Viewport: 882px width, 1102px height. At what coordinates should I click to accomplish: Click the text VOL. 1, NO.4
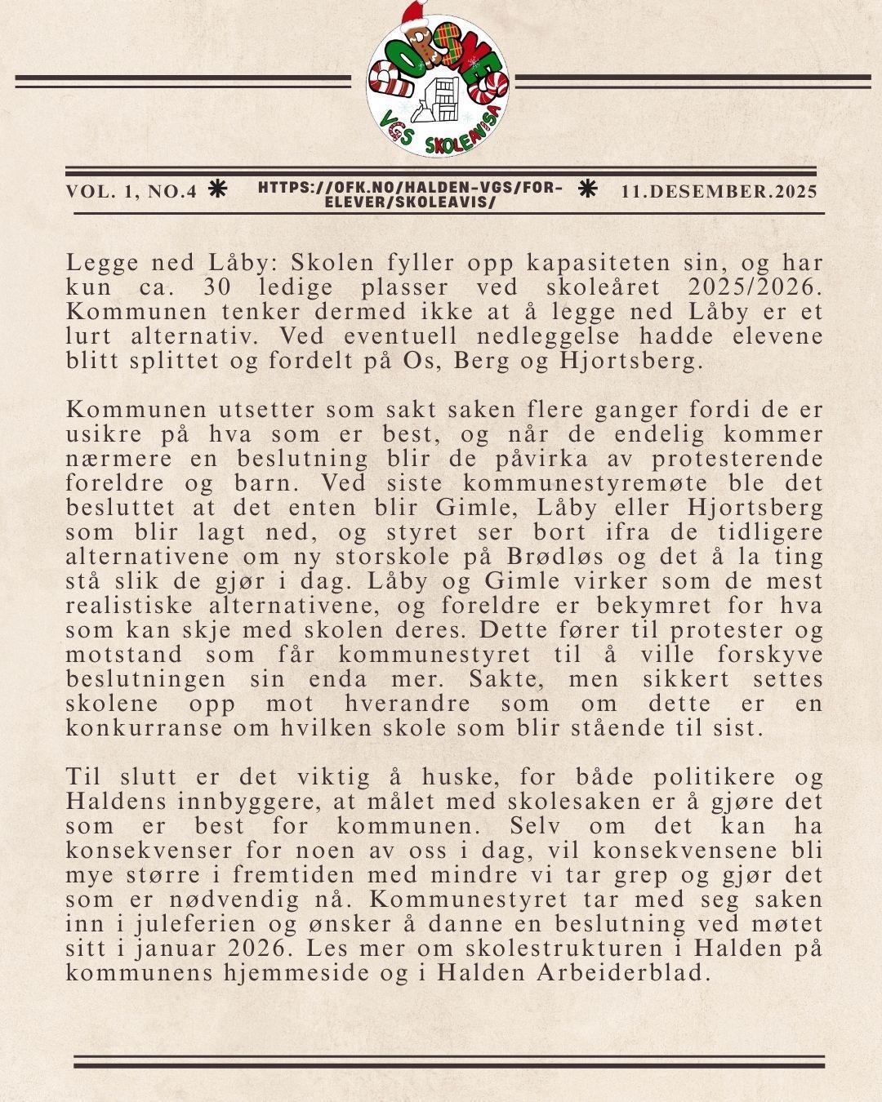tap(131, 192)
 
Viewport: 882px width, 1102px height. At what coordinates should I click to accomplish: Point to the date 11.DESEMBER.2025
tap(719, 192)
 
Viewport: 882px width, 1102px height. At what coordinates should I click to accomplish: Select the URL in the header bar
tap(410, 194)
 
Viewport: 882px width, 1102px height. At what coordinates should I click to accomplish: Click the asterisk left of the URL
tap(217, 189)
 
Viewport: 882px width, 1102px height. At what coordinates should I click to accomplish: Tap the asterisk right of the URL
tap(586, 189)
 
